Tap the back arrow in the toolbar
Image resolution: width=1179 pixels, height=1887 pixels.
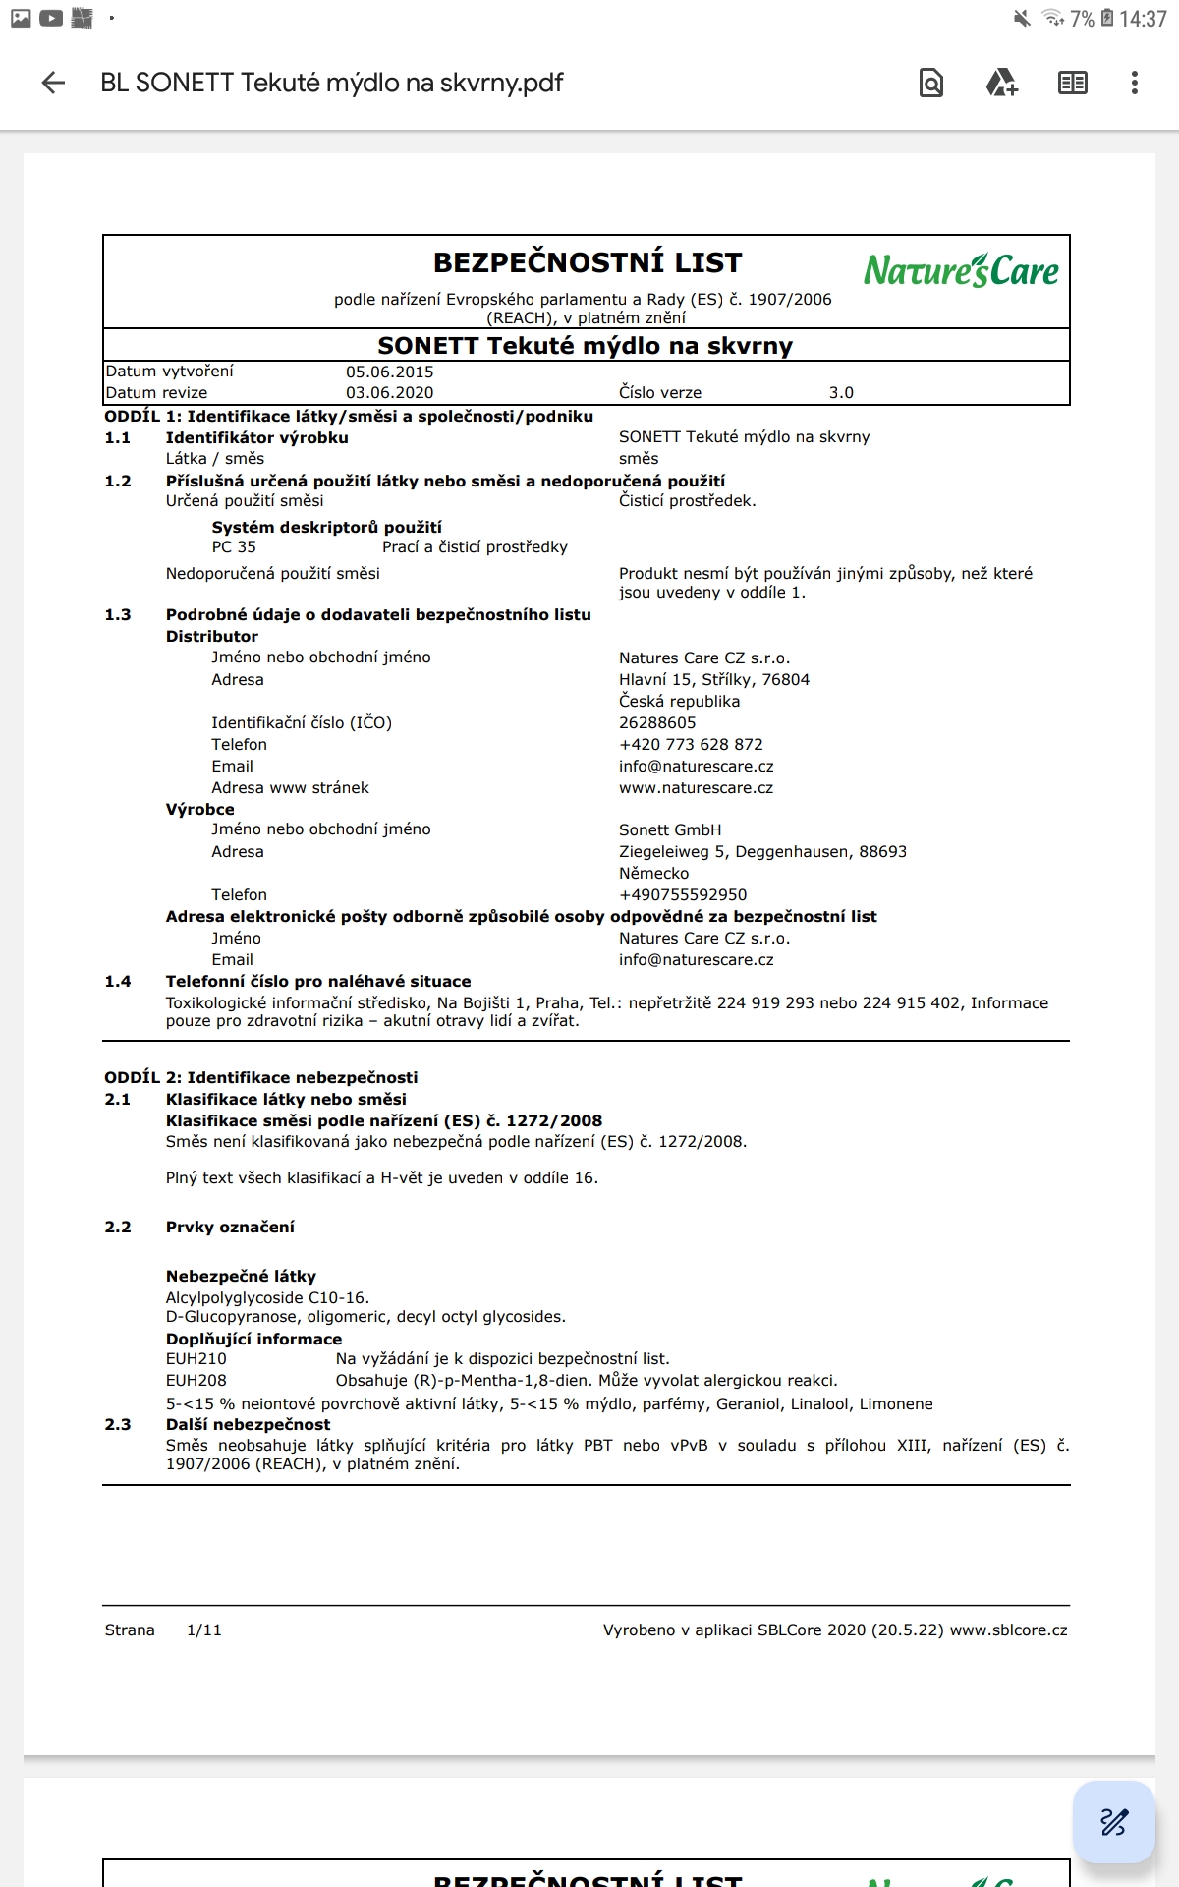(53, 83)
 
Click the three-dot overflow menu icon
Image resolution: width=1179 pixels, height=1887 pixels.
(1134, 83)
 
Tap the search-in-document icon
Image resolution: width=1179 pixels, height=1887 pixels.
(930, 83)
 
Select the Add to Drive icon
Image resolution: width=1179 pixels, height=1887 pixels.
(1001, 83)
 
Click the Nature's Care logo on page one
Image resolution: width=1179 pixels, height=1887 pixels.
(960, 270)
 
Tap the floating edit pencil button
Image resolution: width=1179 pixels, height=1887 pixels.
(1113, 1821)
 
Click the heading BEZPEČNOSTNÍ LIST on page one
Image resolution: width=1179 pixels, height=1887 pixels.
(588, 262)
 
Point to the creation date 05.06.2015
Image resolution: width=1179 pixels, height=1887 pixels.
(389, 372)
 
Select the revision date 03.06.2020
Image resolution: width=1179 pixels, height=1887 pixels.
(389, 393)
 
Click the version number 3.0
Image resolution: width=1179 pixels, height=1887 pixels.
(841, 393)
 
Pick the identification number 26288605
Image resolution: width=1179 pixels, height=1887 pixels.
(657, 723)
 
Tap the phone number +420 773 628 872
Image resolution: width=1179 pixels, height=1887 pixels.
(691, 745)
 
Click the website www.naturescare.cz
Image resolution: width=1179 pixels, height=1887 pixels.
(696, 788)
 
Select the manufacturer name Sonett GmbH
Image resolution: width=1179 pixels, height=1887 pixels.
(670, 830)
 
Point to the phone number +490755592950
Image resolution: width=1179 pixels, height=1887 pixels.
(683, 895)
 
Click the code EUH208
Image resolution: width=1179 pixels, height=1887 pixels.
(196, 1381)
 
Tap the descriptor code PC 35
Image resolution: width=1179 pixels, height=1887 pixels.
(234, 547)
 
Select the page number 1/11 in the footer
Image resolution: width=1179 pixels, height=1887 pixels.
(204, 1630)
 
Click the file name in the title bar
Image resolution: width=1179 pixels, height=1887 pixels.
(332, 83)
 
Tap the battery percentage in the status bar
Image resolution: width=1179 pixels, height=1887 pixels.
(1082, 19)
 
